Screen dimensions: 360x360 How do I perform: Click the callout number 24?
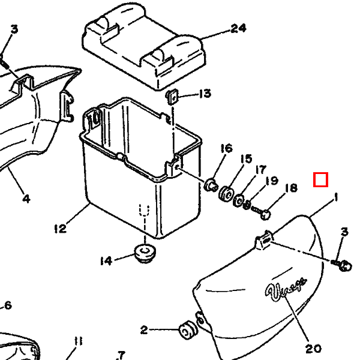pos(238,28)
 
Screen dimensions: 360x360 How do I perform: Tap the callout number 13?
pos(205,94)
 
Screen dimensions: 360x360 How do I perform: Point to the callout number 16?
pos(226,149)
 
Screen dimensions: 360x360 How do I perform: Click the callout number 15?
pos(247,159)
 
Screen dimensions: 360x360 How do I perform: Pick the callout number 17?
pos(260,170)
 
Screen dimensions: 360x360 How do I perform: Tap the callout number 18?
pos(291,188)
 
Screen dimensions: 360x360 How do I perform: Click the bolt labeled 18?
pos(262,212)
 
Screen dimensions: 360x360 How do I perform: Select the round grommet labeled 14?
pos(145,252)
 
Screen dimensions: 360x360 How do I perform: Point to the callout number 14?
pos(106,260)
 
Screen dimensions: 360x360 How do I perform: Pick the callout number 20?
pos(314,348)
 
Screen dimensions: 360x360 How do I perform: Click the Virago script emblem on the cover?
pos(287,289)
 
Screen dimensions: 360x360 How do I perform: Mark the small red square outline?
pos(320,179)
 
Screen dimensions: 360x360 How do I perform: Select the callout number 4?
pos(26,198)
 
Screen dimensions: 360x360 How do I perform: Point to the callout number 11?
pos(78,341)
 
